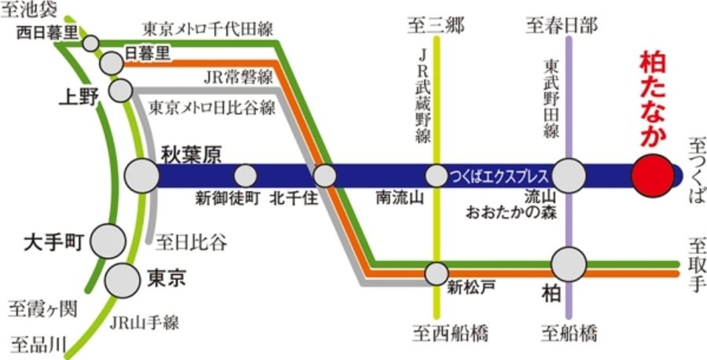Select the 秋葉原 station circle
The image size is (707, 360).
coord(142,174)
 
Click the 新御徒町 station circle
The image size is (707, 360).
coord(246,174)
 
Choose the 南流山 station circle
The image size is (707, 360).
coord(436,174)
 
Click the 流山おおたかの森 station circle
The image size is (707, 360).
coord(570,174)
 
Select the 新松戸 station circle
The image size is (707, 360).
coord(436,273)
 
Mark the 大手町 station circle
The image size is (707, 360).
coord(108,241)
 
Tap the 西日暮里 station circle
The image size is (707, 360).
coord(92,42)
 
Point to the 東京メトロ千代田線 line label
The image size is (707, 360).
coord(207,29)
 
